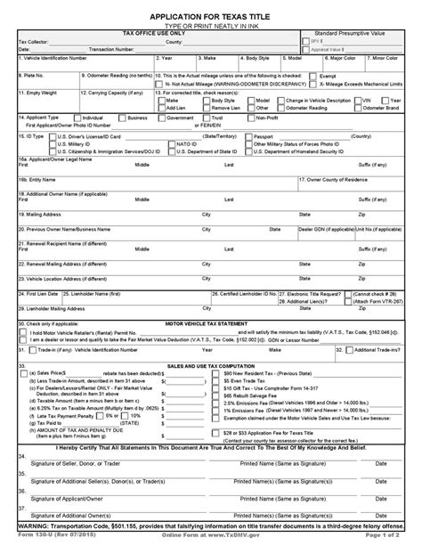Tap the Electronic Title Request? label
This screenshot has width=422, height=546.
pos(333,291)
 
